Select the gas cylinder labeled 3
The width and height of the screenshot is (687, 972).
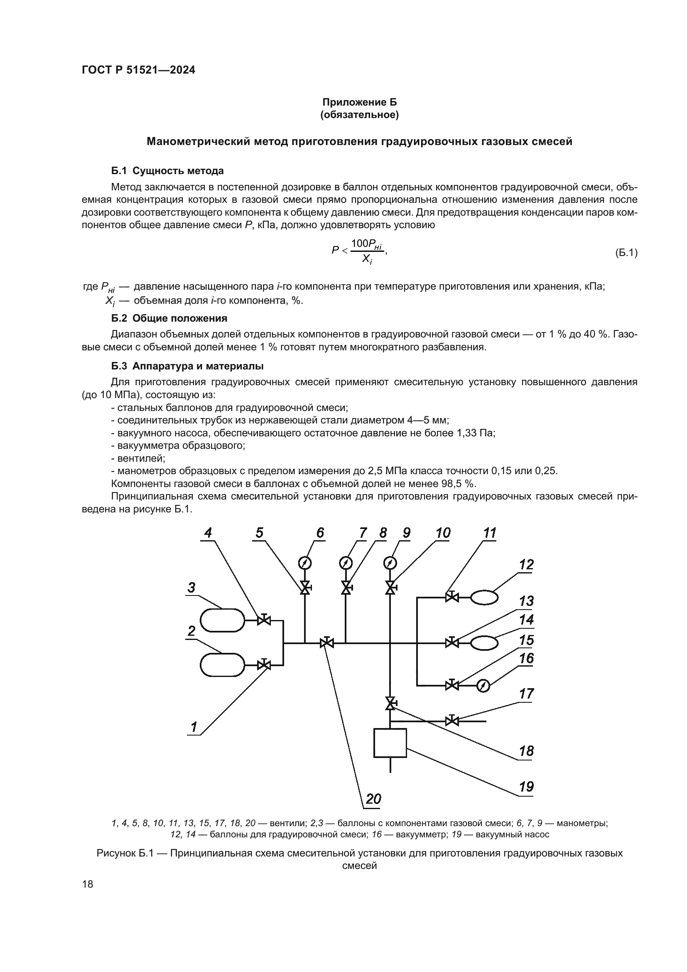[222, 620]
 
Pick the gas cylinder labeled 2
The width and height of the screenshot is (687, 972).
[222, 665]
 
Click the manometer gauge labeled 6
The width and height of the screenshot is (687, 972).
[304, 563]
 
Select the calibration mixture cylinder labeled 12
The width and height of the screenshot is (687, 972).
[484, 597]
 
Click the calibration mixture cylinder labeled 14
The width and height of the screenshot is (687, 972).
[484, 643]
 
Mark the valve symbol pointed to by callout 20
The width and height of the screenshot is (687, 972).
[326, 643]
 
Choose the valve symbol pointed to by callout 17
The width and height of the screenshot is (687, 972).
[452, 720]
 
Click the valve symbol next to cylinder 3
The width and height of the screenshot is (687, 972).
[264, 620]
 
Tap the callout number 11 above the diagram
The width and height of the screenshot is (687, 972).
[489, 533]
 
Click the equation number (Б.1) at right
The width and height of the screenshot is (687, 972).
[626, 253]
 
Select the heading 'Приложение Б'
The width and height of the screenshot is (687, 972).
[360, 102]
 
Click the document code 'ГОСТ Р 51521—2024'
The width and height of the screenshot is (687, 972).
[138, 70]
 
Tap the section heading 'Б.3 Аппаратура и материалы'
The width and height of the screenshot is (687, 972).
[187, 366]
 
